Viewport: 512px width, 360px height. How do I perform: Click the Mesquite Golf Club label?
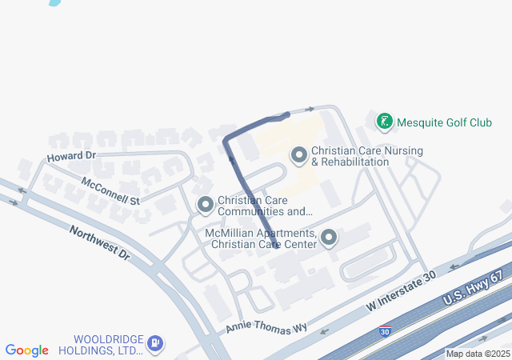pyautogui.click(x=446, y=122)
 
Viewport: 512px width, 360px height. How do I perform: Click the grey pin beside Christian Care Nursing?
pyautogui.click(x=299, y=154)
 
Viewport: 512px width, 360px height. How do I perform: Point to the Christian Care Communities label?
pyautogui.click(x=265, y=206)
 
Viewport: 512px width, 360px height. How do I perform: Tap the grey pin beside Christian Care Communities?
pyautogui.click(x=206, y=206)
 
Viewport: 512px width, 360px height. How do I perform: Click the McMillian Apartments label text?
pyautogui.click(x=260, y=238)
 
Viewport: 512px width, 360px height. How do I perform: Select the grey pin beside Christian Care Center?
pyautogui.click(x=328, y=238)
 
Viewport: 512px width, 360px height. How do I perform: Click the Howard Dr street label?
pyautogui.click(x=71, y=154)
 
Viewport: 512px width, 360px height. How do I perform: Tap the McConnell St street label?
pyautogui.click(x=110, y=190)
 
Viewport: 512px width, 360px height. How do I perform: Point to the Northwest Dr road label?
pyautogui.click(x=99, y=242)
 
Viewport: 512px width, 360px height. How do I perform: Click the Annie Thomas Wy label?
pyautogui.click(x=266, y=327)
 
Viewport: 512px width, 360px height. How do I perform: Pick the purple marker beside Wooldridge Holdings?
pyautogui.click(x=154, y=344)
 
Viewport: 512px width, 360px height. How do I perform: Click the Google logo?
pyautogui.click(x=26, y=350)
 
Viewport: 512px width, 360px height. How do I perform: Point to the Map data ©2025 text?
pyautogui.click(x=478, y=354)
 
